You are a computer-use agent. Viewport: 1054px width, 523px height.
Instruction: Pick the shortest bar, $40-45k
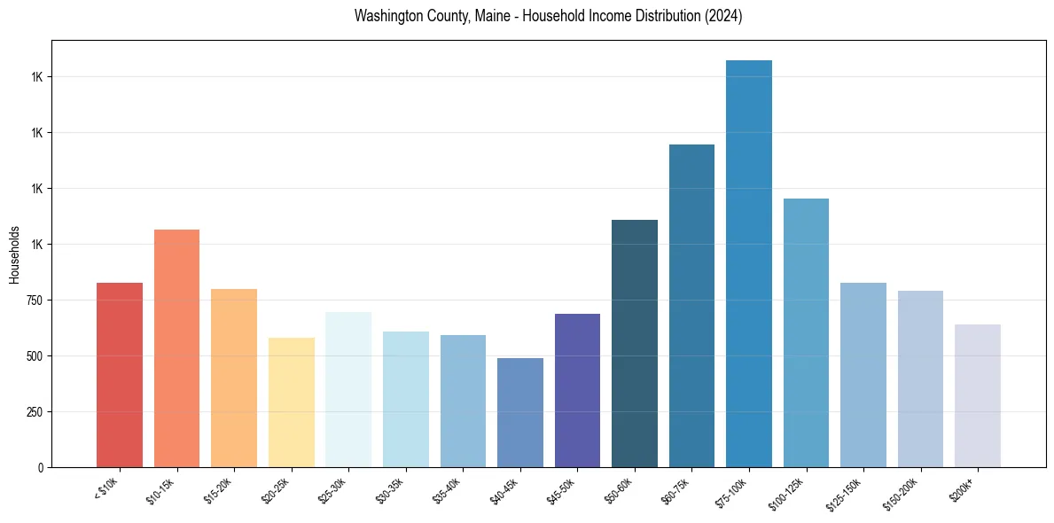[x=520, y=412]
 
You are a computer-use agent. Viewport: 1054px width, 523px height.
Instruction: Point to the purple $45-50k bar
[x=577, y=390]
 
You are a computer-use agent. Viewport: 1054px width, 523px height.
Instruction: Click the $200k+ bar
[x=978, y=395]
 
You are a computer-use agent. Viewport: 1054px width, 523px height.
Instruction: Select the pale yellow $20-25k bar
[x=292, y=402]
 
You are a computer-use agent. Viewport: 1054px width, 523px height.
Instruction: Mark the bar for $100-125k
[x=806, y=332]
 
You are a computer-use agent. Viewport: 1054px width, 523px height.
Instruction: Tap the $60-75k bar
[x=691, y=306]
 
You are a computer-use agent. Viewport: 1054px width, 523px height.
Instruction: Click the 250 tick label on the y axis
[x=36, y=412]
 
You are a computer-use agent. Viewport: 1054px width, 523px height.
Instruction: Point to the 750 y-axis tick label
[x=36, y=301]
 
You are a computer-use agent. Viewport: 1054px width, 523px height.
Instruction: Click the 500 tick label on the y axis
[x=36, y=356]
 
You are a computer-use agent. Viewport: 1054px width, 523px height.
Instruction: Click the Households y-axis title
[x=14, y=254]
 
